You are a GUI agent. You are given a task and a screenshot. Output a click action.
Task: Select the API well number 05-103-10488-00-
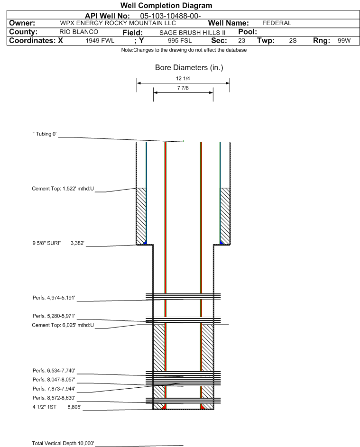[171, 16]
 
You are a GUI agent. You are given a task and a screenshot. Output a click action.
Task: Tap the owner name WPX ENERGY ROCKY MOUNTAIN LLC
[118, 23]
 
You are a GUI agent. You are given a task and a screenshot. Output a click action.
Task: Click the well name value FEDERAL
[277, 23]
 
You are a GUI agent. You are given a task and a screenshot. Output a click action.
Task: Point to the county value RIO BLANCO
[79, 32]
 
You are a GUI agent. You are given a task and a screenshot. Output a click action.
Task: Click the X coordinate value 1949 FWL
[100, 41]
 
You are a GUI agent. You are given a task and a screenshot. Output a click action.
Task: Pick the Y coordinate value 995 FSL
[176, 41]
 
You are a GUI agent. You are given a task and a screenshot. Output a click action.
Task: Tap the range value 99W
[344, 41]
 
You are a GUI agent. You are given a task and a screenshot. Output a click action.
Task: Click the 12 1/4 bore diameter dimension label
[183, 79]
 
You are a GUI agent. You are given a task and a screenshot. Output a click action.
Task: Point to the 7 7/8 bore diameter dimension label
[183, 89]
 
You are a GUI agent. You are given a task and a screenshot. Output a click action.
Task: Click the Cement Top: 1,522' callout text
[63, 189]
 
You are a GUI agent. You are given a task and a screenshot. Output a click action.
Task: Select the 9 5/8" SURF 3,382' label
[58, 243]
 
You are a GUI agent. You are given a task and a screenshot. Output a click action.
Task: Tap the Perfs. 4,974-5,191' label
[54, 298]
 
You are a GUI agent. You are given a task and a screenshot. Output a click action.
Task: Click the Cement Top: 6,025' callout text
[63, 325]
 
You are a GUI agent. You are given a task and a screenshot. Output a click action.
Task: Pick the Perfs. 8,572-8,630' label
[54, 398]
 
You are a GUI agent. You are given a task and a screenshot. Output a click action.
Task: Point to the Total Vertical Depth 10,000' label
[63, 443]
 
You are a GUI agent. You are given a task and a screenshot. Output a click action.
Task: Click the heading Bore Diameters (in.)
[189, 68]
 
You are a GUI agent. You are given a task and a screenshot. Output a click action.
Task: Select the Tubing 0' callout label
[45, 135]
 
